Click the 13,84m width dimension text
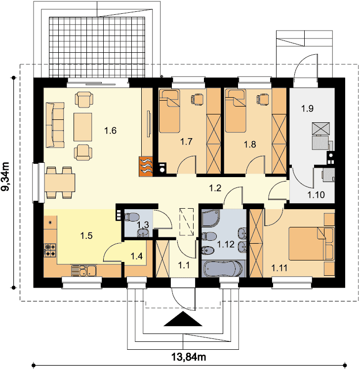(x=188, y=357)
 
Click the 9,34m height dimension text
(x=5, y=176)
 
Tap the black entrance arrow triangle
(x=183, y=319)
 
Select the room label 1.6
(x=110, y=130)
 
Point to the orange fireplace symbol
(x=146, y=167)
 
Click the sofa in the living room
(x=55, y=125)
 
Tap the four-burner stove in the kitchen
(x=50, y=250)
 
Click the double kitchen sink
(x=83, y=271)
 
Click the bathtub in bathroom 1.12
(x=223, y=268)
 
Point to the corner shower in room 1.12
(x=210, y=218)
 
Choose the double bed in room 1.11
(x=312, y=244)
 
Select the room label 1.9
(x=307, y=109)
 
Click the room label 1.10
(x=316, y=195)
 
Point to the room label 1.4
(x=137, y=256)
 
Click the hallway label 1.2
(x=215, y=188)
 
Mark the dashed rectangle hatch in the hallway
(x=186, y=222)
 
